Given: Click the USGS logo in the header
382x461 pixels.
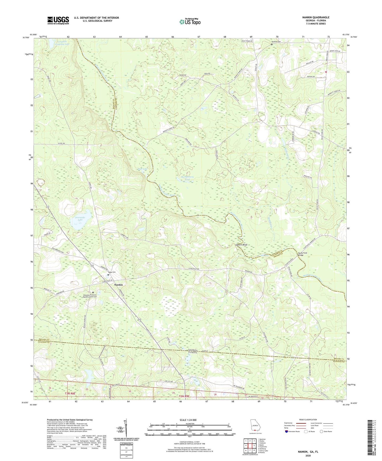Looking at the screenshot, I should (58, 20).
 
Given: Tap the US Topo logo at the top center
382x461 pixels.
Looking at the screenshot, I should (190, 22).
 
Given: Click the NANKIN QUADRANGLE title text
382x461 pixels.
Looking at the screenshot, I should (316, 17).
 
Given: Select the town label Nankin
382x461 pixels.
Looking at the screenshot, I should (118, 285).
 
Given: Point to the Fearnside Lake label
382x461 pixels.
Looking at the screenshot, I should (79, 218).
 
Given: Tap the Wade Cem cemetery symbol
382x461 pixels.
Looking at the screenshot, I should (108, 275).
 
